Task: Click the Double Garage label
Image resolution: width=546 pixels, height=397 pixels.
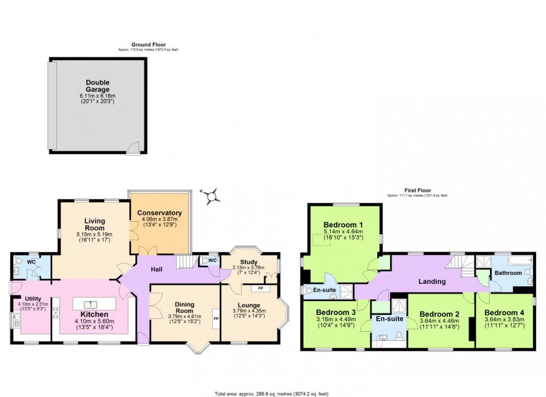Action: [94, 85]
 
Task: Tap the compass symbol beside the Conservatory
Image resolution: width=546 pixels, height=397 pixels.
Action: [211, 196]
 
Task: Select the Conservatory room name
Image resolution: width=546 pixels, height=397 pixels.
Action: [159, 213]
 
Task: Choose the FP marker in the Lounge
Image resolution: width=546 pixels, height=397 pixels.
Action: [259, 289]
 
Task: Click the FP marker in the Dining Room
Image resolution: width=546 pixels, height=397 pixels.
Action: [216, 319]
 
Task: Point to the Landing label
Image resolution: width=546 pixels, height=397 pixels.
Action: [432, 282]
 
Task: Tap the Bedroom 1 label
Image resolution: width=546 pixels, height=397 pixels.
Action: [343, 225]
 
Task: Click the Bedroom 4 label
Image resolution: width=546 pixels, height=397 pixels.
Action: [503, 312]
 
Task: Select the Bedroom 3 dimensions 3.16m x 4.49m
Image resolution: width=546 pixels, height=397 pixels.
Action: [335, 319]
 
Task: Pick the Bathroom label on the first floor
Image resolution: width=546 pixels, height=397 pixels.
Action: [508, 273]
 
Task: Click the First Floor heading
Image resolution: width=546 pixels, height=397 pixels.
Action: [417, 190]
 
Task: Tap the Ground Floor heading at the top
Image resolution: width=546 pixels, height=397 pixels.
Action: [148, 45]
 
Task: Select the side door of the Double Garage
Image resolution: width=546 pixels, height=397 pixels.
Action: [133, 148]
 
